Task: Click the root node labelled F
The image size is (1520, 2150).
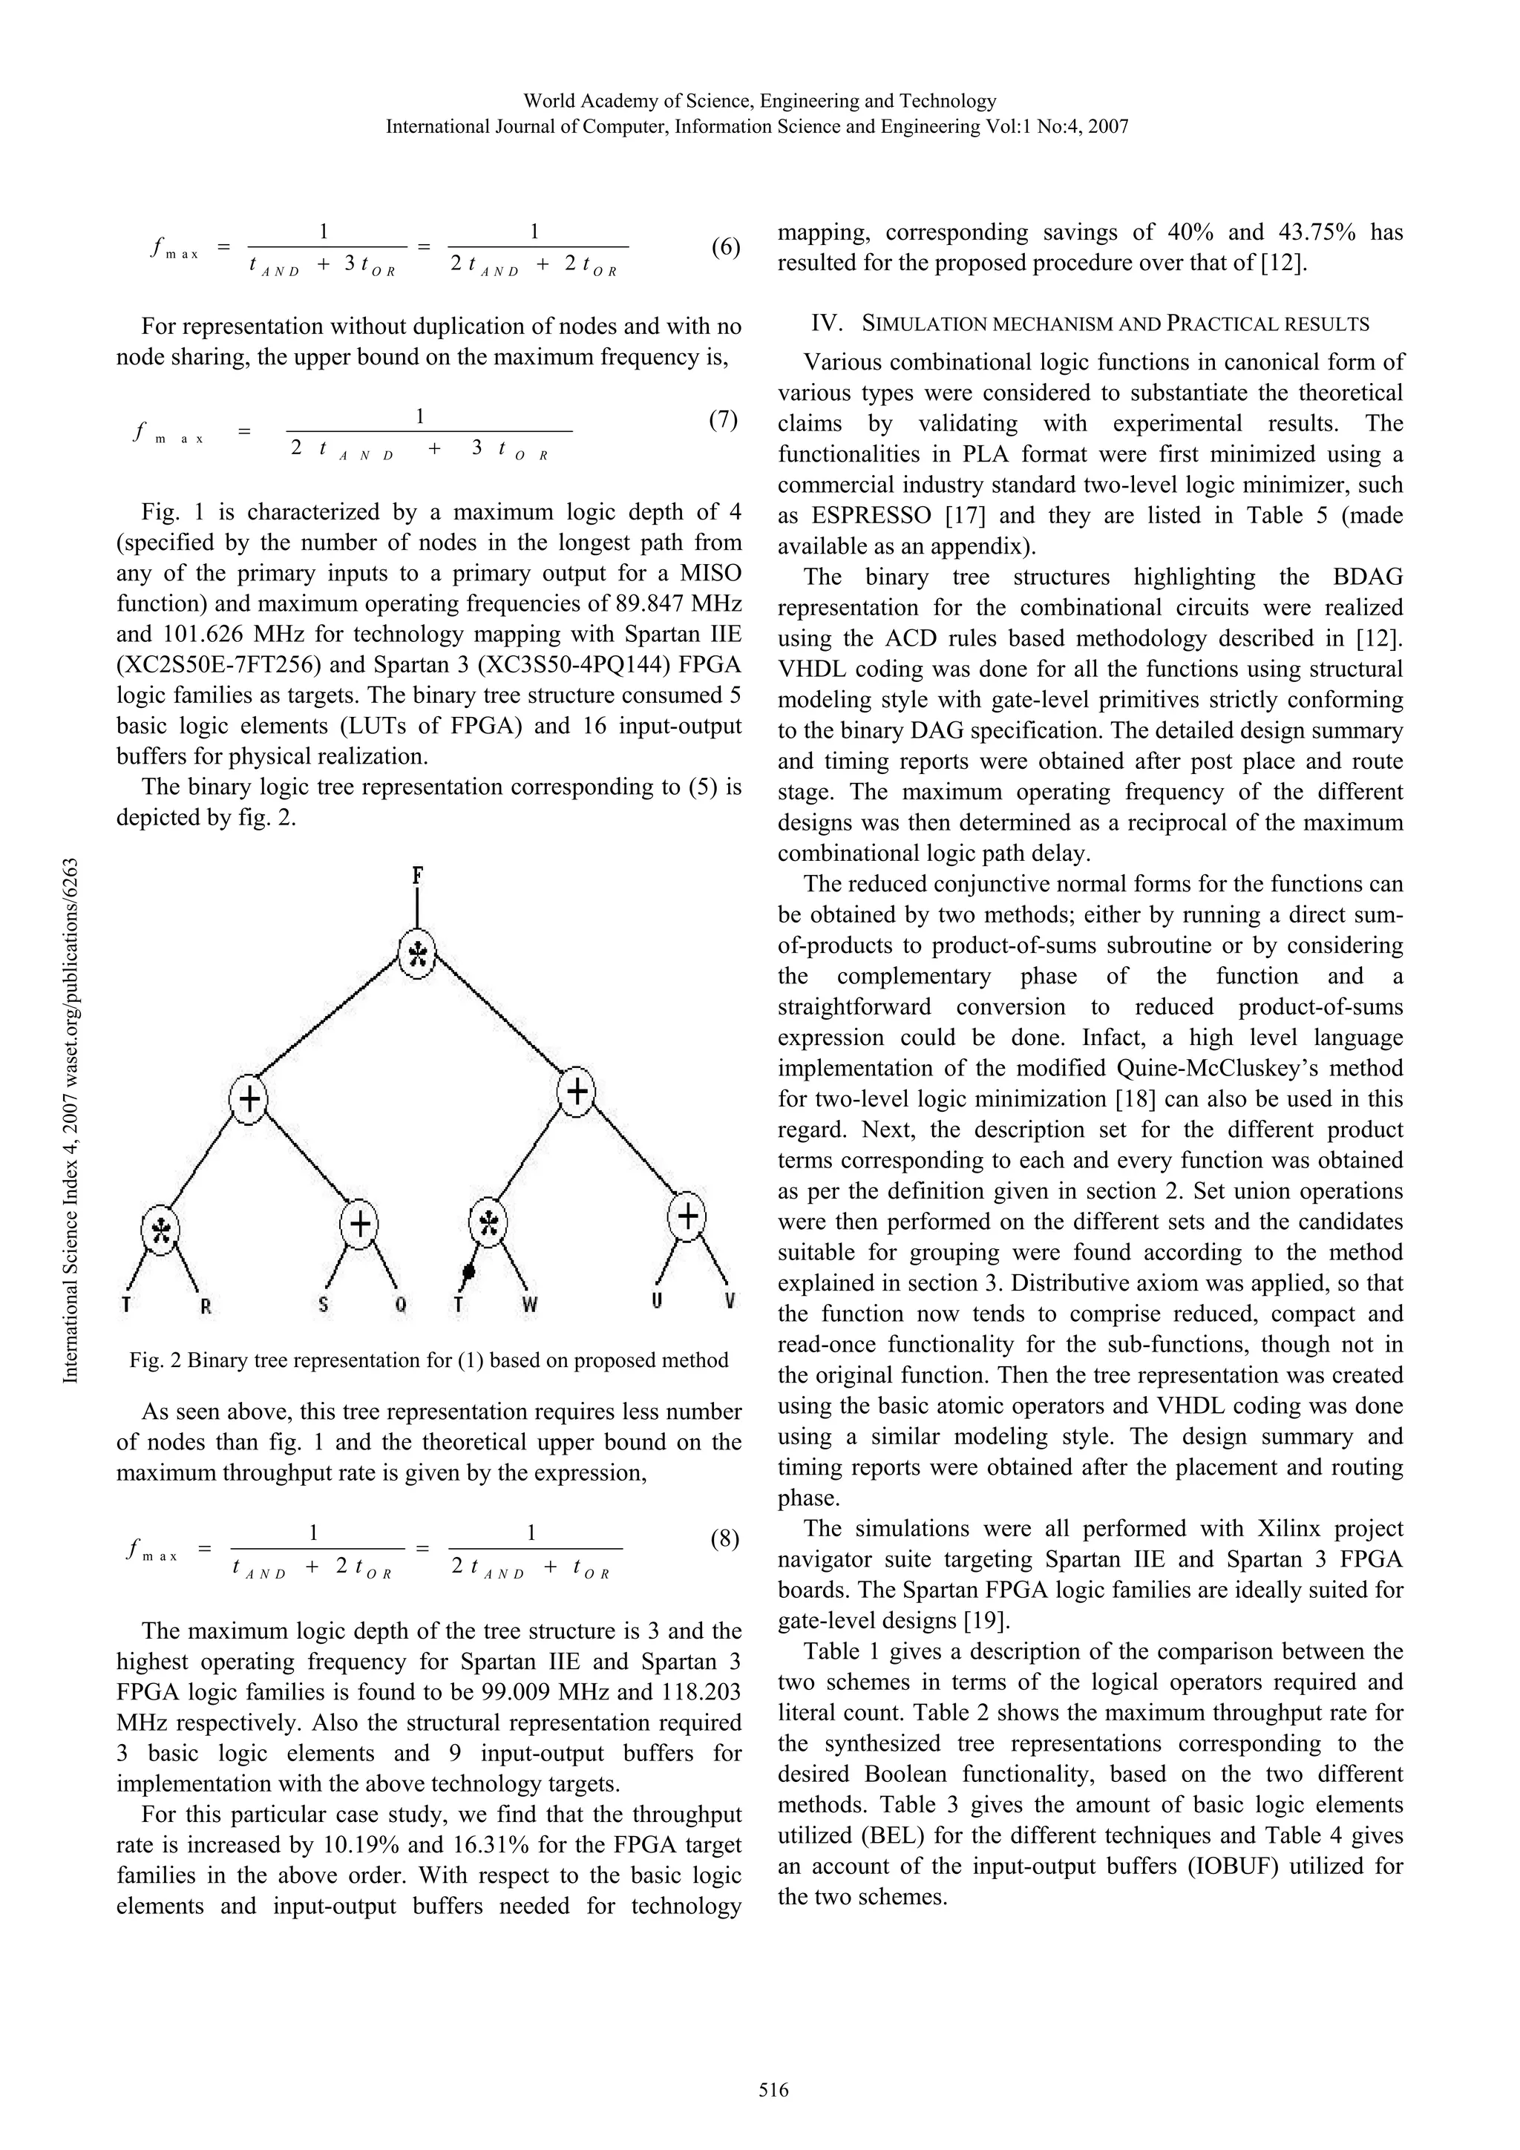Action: point(418,876)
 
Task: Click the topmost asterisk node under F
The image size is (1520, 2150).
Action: point(418,954)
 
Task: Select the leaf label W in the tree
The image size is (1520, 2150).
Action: point(530,1305)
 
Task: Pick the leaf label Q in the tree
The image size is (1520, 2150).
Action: point(400,1305)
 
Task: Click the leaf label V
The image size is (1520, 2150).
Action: point(730,1301)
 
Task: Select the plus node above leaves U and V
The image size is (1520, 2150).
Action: point(687,1216)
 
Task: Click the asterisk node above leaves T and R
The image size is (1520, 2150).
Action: point(160,1228)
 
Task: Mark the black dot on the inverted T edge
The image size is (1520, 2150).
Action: point(469,1271)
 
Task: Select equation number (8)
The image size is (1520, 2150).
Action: point(724,1538)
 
